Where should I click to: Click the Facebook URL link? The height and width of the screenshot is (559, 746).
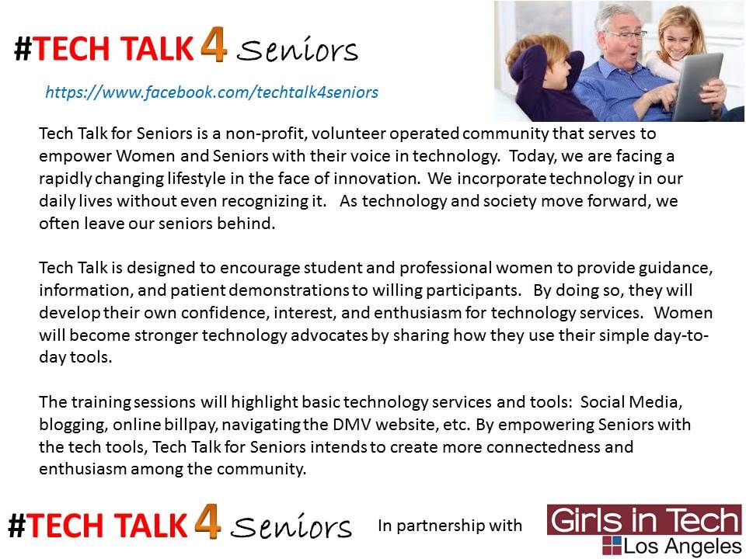pos(211,92)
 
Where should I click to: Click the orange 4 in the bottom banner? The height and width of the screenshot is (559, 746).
pos(207,522)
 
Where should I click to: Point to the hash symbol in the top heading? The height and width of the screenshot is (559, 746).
pos(23,48)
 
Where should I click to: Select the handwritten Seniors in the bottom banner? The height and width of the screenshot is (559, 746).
pos(291,526)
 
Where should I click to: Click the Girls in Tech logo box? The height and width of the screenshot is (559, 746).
pos(644,519)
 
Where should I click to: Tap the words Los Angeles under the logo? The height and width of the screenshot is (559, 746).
pos(682,547)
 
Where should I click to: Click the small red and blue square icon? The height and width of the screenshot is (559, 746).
pos(612,545)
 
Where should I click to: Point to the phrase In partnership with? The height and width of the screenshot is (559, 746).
pos(450,526)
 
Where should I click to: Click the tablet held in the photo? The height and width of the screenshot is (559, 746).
pos(698,86)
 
